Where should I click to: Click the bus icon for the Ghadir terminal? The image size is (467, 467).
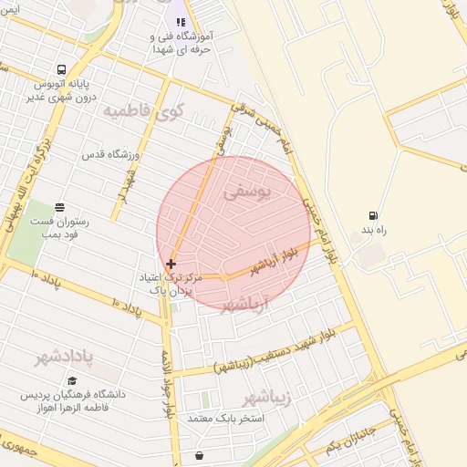[61, 70]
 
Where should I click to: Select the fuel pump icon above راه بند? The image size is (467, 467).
[373, 216]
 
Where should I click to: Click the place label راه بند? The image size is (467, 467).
[373, 233]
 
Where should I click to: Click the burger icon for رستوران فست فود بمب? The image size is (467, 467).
[60, 206]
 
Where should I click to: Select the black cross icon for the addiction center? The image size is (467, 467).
[171, 264]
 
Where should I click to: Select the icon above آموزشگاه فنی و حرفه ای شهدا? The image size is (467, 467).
[181, 22]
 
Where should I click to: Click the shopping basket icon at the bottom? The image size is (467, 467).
[200, 453]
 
